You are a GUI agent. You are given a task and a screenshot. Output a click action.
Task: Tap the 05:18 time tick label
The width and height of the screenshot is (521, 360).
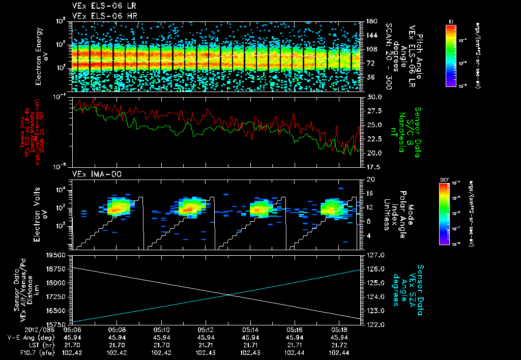339,329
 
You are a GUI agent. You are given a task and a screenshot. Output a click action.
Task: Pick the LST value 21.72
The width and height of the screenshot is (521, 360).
339,344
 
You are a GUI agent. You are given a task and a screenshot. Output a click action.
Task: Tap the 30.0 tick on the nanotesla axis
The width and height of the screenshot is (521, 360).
373,97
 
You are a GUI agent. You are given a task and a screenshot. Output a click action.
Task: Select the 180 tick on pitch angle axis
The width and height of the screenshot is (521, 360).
371,21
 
